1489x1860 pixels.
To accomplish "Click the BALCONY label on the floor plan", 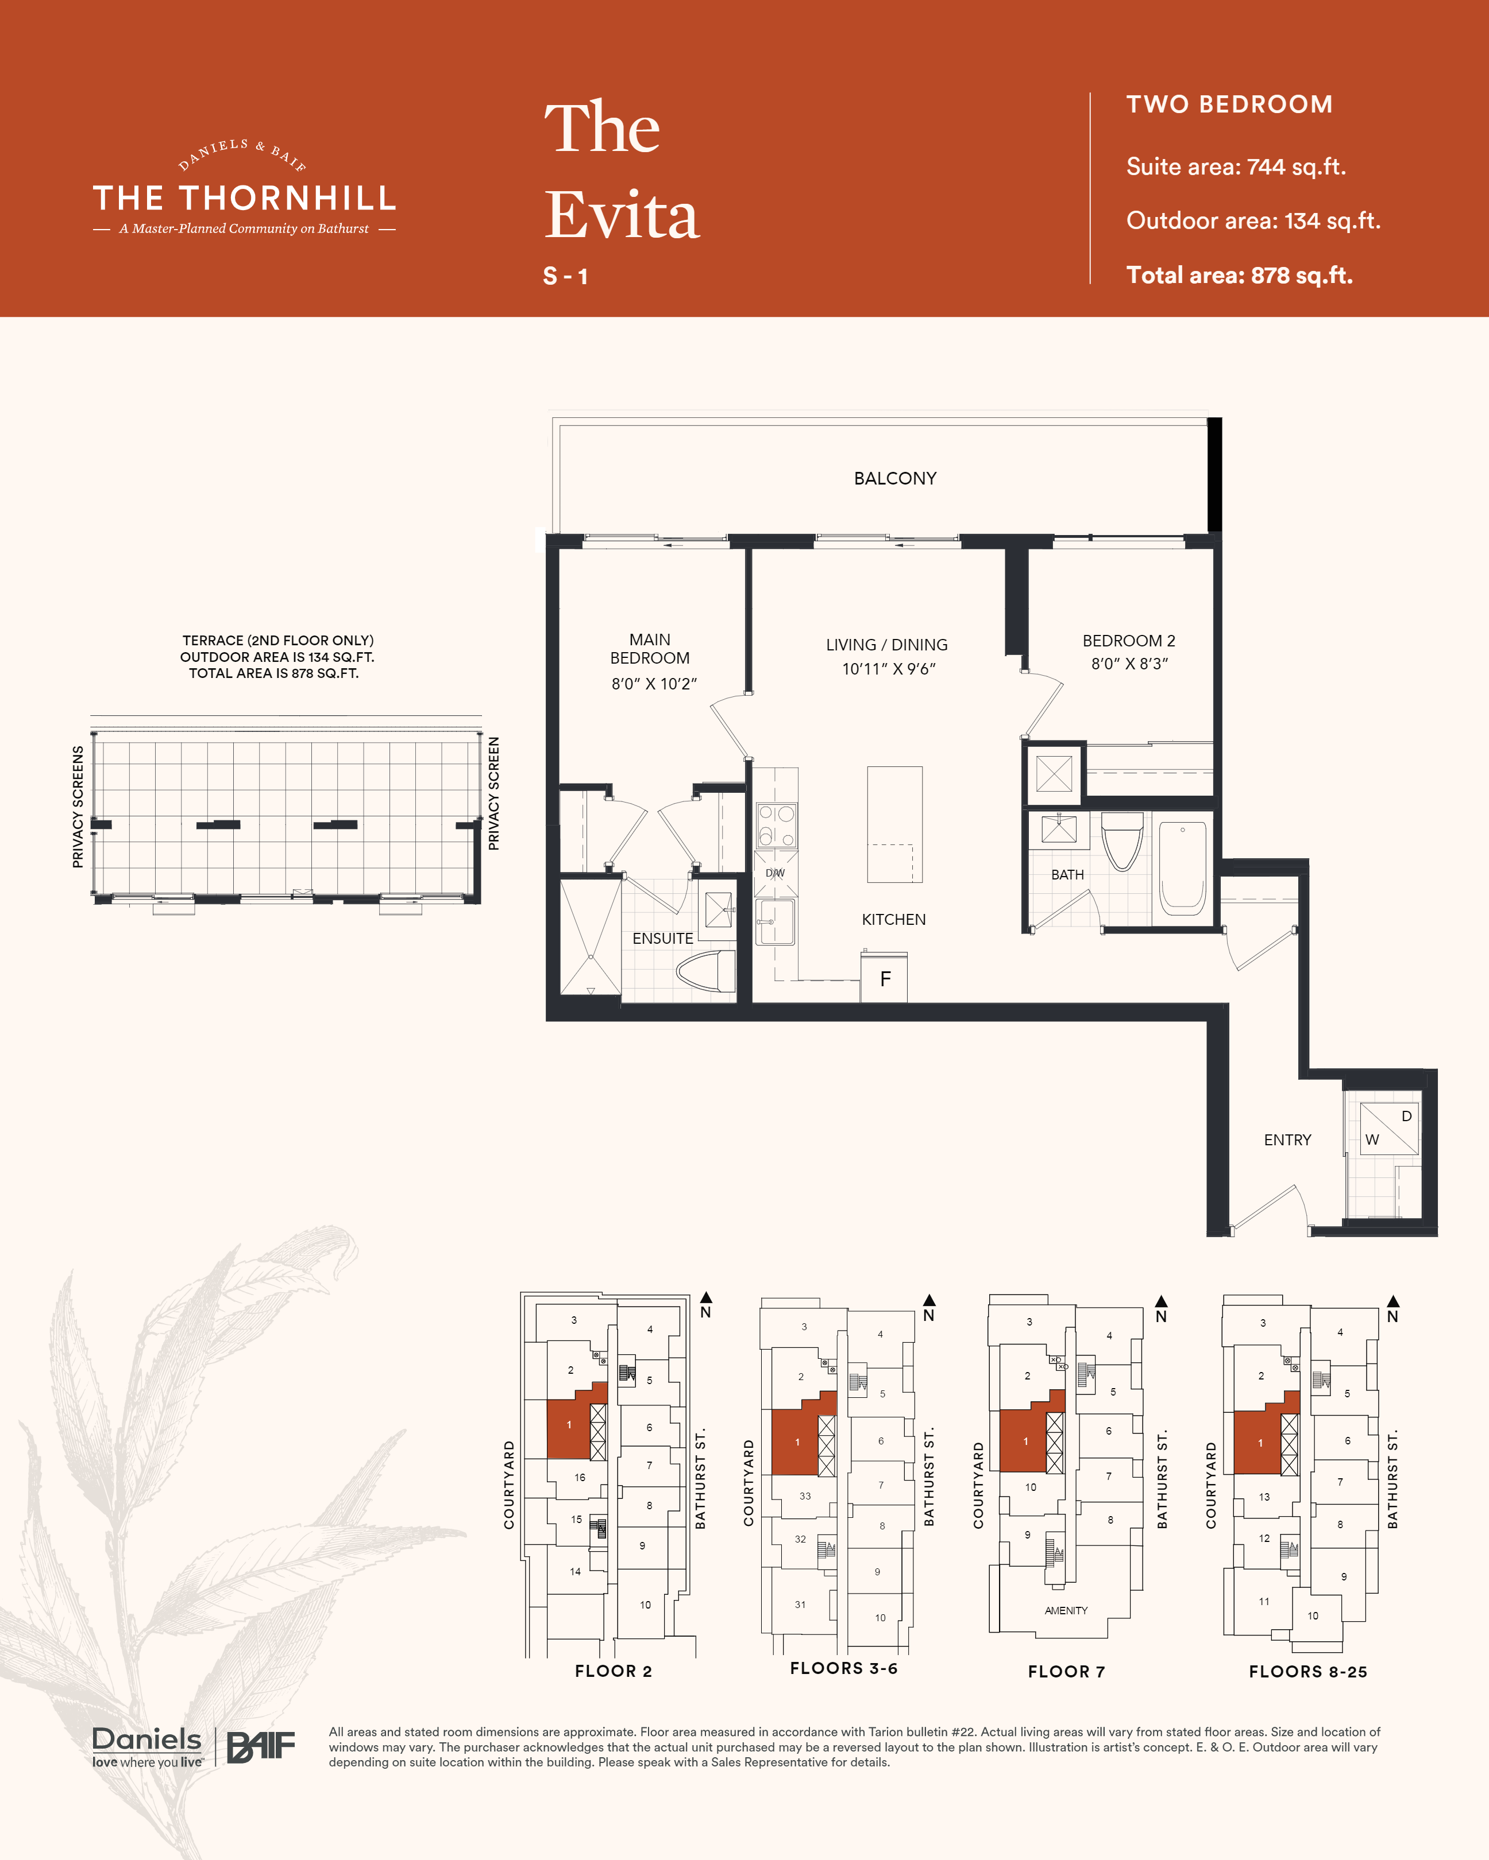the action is [x=895, y=479].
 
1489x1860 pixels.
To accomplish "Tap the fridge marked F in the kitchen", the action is [x=884, y=978].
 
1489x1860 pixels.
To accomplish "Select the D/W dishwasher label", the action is [x=775, y=873].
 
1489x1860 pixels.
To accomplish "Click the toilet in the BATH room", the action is [x=1122, y=841].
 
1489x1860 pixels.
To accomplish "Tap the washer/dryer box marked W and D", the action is [x=1389, y=1129].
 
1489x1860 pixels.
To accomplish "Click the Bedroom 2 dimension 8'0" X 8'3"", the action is [x=1129, y=664].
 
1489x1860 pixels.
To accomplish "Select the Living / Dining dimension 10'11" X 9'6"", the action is [x=889, y=669].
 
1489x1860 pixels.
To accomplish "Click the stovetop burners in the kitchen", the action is [x=777, y=826].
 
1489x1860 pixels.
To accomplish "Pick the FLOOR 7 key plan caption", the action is [x=1066, y=1672].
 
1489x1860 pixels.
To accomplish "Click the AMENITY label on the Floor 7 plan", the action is [x=1066, y=1611].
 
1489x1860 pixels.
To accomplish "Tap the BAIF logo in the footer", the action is [x=261, y=1747].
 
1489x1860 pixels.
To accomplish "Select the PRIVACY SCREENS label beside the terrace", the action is [x=78, y=807].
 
